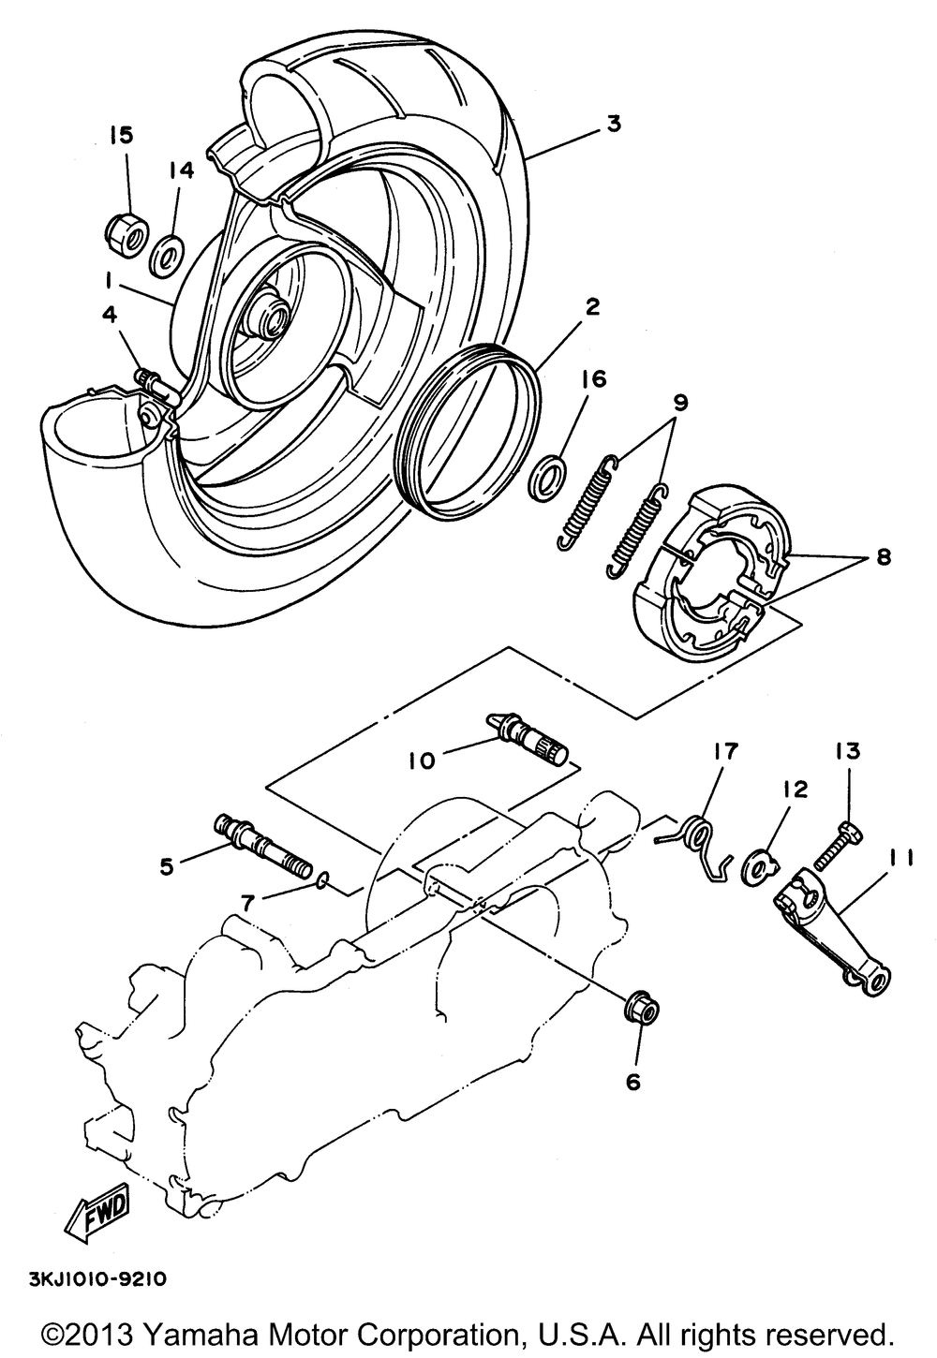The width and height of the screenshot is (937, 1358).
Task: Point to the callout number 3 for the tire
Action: pyautogui.click(x=613, y=123)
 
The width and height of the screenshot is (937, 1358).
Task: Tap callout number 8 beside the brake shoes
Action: pyautogui.click(x=883, y=557)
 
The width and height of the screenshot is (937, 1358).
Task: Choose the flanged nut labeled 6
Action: pyautogui.click(x=641, y=1011)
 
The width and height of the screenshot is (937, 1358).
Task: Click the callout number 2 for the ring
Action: pyautogui.click(x=593, y=306)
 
